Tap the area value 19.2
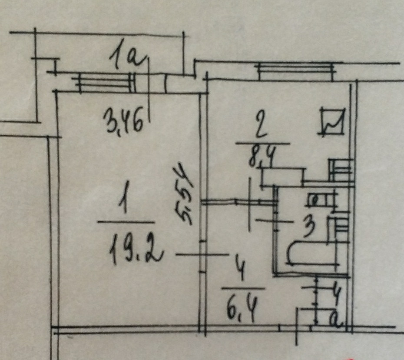(x=135, y=250)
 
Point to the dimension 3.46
(x=123, y=123)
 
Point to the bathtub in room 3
(x=313, y=252)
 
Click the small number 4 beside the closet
(x=335, y=290)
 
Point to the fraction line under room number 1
(x=124, y=222)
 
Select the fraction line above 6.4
(x=243, y=288)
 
